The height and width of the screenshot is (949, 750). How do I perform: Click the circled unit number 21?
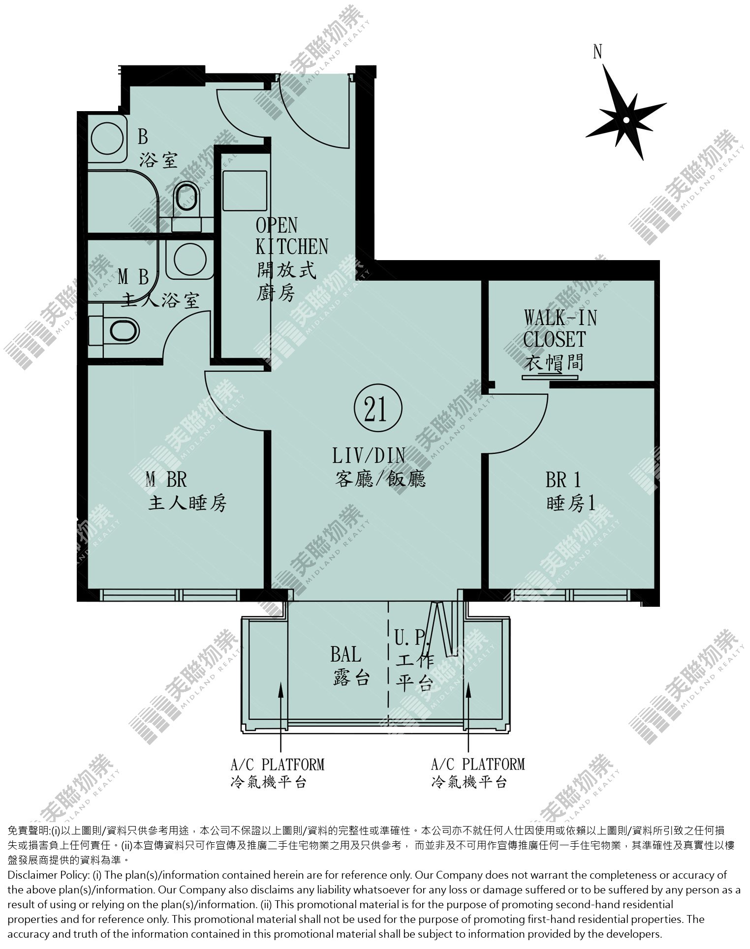click(x=378, y=409)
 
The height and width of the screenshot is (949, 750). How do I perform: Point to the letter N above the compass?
click(x=597, y=51)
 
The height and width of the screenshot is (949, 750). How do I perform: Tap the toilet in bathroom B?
click(x=188, y=205)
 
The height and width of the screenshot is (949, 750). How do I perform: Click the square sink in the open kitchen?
click(x=245, y=191)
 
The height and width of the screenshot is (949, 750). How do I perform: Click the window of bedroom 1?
click(x=570, y=595)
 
